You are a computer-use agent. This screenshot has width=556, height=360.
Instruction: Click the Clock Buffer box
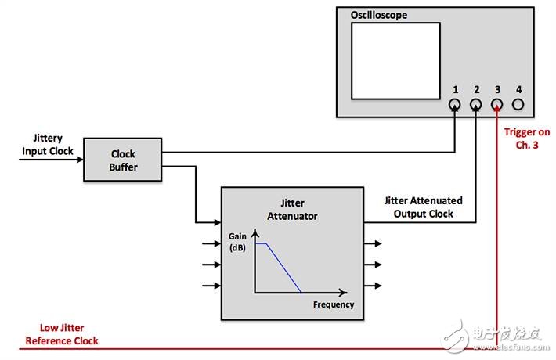[123, 160]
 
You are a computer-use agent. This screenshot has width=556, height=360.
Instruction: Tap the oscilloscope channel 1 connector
[454, 105]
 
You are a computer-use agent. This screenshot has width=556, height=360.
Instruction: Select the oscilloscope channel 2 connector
[475, 105]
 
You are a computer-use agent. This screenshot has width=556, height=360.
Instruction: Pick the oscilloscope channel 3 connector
[496, 105]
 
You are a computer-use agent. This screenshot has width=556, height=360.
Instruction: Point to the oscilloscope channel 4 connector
[518, 105]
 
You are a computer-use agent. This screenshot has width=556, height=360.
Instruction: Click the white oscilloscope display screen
[395, 61]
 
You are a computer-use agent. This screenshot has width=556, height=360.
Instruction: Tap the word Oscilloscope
[379, 15]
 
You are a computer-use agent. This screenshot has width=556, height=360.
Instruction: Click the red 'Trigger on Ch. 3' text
[527, 139]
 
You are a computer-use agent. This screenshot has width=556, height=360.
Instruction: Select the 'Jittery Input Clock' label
[48, 145]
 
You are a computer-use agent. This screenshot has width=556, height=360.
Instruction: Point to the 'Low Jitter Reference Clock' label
[62, 334]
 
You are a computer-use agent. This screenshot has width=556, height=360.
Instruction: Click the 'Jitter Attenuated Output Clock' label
[424, 207]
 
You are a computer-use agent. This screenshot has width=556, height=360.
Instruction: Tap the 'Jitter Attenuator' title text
[292, 210]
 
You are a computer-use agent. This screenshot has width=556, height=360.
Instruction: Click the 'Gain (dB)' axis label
[237, 242]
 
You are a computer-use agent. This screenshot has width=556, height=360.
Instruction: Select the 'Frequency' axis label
[334, 304]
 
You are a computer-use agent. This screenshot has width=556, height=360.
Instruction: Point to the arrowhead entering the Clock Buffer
[80, 160]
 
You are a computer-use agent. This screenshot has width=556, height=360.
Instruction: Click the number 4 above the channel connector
[518, 89]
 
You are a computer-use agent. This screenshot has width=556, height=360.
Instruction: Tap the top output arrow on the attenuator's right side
[373, 243]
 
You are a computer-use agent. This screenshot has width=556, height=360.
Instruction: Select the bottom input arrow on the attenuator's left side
[211, 285]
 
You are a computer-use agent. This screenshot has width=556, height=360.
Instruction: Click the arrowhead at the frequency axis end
[343, 293]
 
